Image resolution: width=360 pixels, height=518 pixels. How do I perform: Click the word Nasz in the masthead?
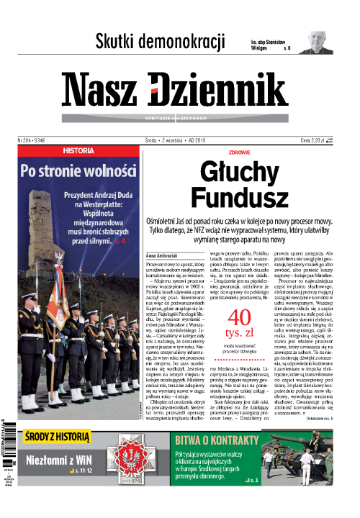click(x=102, y=88)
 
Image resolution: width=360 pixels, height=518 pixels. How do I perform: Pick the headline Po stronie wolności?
click(x=78, y=171)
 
